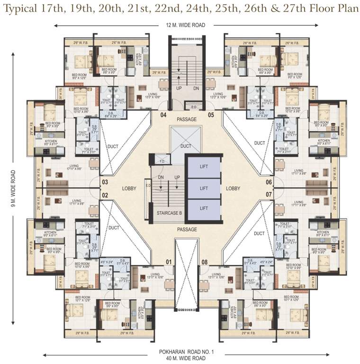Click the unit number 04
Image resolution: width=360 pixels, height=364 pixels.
click(163, 115)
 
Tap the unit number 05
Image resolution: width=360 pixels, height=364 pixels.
click(211, 115)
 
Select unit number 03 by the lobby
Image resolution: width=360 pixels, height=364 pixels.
click(105, 182)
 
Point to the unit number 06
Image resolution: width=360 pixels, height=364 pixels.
click(269, 182)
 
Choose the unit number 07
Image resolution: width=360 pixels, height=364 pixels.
click(269, 194)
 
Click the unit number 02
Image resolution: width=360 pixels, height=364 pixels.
click(105, 194)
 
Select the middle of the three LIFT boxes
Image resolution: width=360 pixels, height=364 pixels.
click(204, 188)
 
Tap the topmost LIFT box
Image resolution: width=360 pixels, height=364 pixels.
click(204, 167)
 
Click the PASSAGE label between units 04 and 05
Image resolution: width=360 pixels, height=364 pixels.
click(186, 119)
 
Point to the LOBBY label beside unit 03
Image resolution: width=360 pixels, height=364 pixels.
click(129, 188)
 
